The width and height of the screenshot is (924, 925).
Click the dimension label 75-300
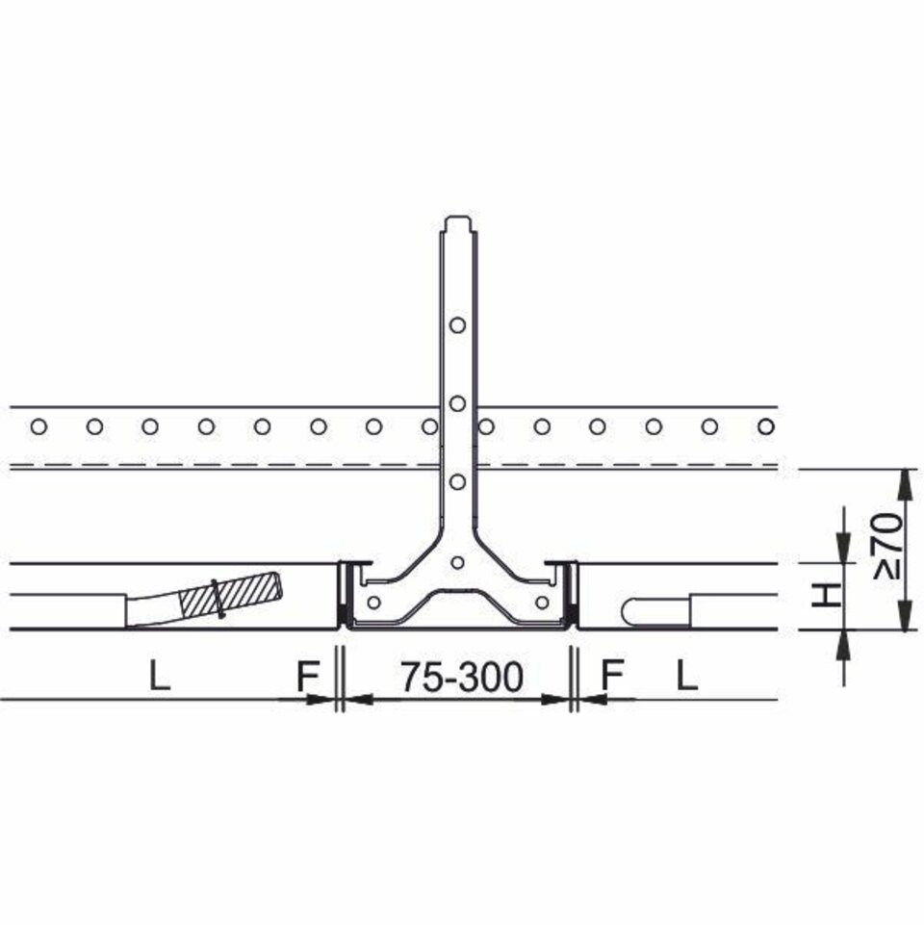tap(462, 677)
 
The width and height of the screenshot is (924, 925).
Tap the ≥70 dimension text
tap(888, 546)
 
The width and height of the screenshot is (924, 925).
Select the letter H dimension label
tap(826, 595)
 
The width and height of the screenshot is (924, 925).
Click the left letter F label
tap(307, 677)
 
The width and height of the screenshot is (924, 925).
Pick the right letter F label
tap(612, 677)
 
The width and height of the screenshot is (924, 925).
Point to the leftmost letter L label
tap(160, 677)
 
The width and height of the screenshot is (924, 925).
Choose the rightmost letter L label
tap(686, 677)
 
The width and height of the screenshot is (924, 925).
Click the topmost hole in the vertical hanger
tap(457, 324)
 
